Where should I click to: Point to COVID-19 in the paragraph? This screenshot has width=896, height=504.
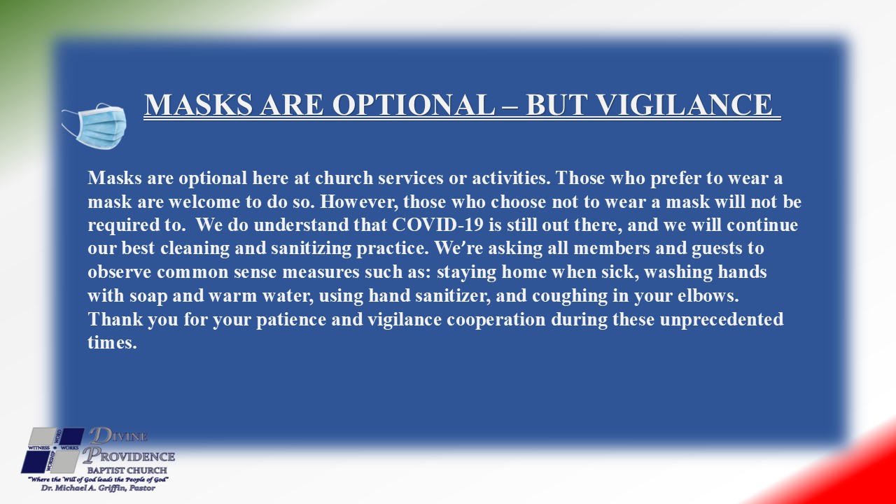437,225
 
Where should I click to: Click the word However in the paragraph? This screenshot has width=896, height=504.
359,202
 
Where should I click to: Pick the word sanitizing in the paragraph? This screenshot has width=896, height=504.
311,248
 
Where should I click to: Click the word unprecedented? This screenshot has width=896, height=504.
722,320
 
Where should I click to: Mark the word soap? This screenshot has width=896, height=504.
148,296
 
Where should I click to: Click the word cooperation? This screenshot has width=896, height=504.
496,320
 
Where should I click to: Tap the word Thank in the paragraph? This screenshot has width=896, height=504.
115,319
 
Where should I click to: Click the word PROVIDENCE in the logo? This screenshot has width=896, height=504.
129,456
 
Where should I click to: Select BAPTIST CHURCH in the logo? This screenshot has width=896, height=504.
127,470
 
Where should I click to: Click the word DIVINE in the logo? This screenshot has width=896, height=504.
118,436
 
